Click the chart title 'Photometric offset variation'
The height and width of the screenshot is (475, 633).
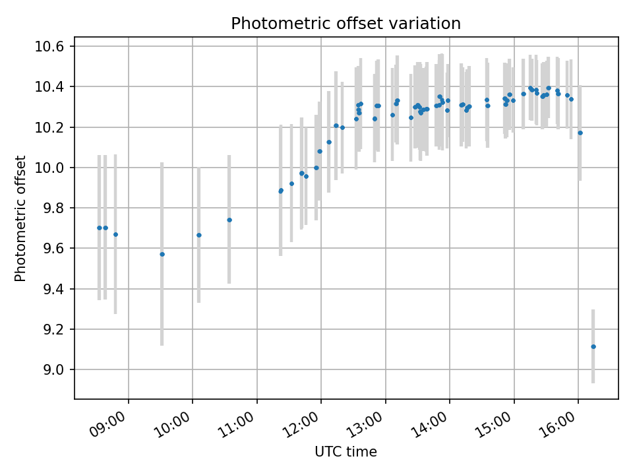[x=346, y=24]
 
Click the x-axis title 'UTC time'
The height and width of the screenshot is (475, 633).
[x=346, y=452]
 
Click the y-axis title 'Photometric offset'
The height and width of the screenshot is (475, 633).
[x=20, y=218]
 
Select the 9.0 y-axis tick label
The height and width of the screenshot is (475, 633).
[x=53, y=369]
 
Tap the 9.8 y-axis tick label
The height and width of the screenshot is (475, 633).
[x=53, y=208]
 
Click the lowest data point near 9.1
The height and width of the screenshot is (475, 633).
[x=593, y=346]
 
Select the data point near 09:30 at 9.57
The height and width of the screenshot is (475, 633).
[x=162, y=254]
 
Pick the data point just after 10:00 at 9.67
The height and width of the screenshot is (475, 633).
[x=198, y=235]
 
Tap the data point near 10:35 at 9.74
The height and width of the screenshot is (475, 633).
[x=229, y=220]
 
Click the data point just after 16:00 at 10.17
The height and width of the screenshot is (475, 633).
[x=580, y=133]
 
